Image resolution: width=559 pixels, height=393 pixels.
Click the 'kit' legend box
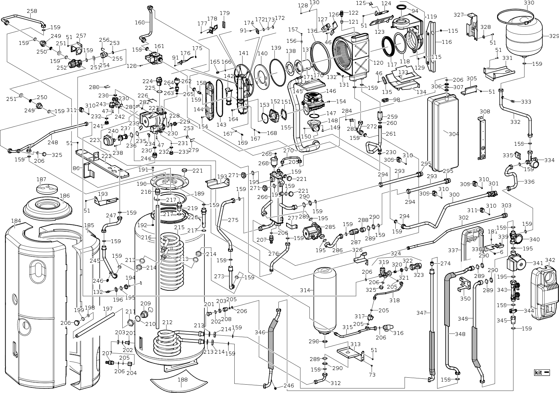(542, 372)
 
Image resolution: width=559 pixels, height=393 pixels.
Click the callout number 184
(16, 221)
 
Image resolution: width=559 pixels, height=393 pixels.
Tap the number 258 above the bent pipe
(32, 11)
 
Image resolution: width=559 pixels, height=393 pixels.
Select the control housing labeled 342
(543, 294)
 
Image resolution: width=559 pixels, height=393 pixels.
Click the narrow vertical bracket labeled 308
(482, 139)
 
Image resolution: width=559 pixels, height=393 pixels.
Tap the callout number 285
(330, 227)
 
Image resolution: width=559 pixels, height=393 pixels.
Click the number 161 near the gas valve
(159, 46)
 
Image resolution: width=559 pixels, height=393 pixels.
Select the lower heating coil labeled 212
(167, 343)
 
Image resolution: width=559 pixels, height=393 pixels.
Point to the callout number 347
(421, 313)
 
